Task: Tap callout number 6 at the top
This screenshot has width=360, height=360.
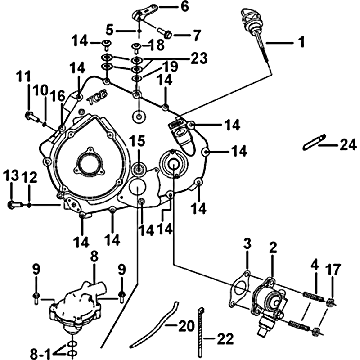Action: pos(173,7)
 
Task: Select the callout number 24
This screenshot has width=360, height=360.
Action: pos(347,145)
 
